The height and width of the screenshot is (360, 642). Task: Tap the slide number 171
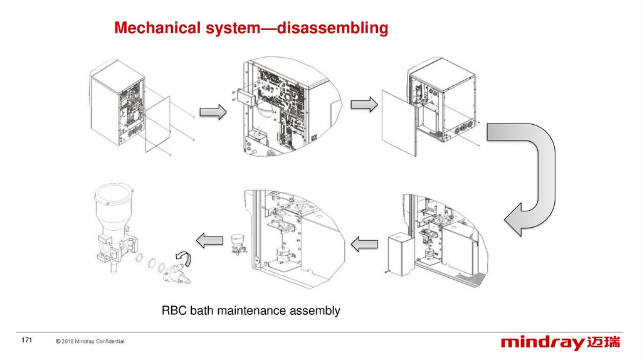coord(26,340)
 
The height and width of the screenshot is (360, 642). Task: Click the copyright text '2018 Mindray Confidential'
coord(93,341)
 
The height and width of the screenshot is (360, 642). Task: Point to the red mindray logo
coord(560,343)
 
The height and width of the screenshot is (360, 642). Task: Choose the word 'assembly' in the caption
coord(315,311)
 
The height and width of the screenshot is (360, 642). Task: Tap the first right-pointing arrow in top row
coord(213,112)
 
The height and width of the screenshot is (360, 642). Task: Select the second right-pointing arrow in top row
coord(364,105)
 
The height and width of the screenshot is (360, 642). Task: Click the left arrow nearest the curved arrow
coord(364,245)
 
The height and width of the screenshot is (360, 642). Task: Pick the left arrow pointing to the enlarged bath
coord(209,240)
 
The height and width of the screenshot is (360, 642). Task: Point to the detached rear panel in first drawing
coord(157,124)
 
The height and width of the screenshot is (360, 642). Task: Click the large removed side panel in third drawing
coord(399,123)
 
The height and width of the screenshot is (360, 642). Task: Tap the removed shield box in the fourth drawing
coord(402,254)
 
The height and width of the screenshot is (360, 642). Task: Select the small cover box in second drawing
coord(246,98)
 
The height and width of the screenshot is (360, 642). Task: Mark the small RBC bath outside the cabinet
coord(238,244)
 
